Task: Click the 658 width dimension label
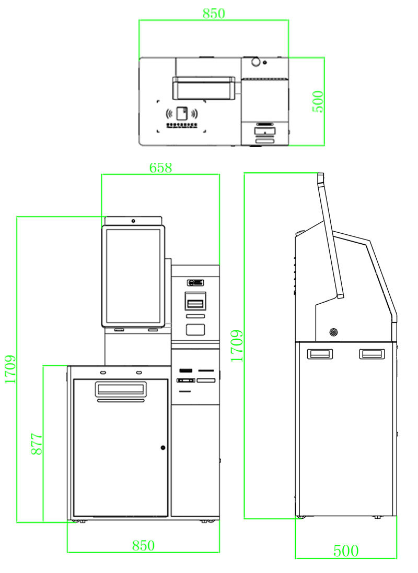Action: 160,168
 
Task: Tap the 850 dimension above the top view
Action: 214,14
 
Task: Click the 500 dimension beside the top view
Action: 318,101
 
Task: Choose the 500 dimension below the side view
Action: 346,551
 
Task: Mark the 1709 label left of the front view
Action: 10,369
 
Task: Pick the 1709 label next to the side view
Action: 237,345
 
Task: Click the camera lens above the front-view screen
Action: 134,221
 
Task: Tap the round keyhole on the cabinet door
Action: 162,447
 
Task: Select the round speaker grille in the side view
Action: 333,331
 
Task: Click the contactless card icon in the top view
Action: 182,113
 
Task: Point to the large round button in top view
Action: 256,62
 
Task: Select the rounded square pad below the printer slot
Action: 195,329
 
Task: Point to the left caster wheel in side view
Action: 300,517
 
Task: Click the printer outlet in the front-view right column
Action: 195,303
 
